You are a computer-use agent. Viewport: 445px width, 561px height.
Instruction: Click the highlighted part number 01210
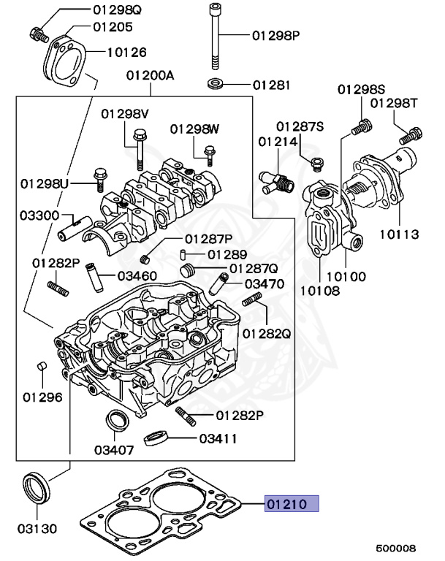coord(292,503)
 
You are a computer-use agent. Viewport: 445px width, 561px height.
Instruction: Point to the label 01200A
coord(150,75)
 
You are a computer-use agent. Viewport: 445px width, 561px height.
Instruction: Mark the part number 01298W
coord(194,129)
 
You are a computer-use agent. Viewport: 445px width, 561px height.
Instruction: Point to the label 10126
coord(126,53)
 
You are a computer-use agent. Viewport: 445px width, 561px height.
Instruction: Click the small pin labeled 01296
coord(42,366)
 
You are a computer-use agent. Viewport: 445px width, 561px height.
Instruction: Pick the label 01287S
coord(300,126)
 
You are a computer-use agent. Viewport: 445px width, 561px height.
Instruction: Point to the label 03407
coord(114,449)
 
